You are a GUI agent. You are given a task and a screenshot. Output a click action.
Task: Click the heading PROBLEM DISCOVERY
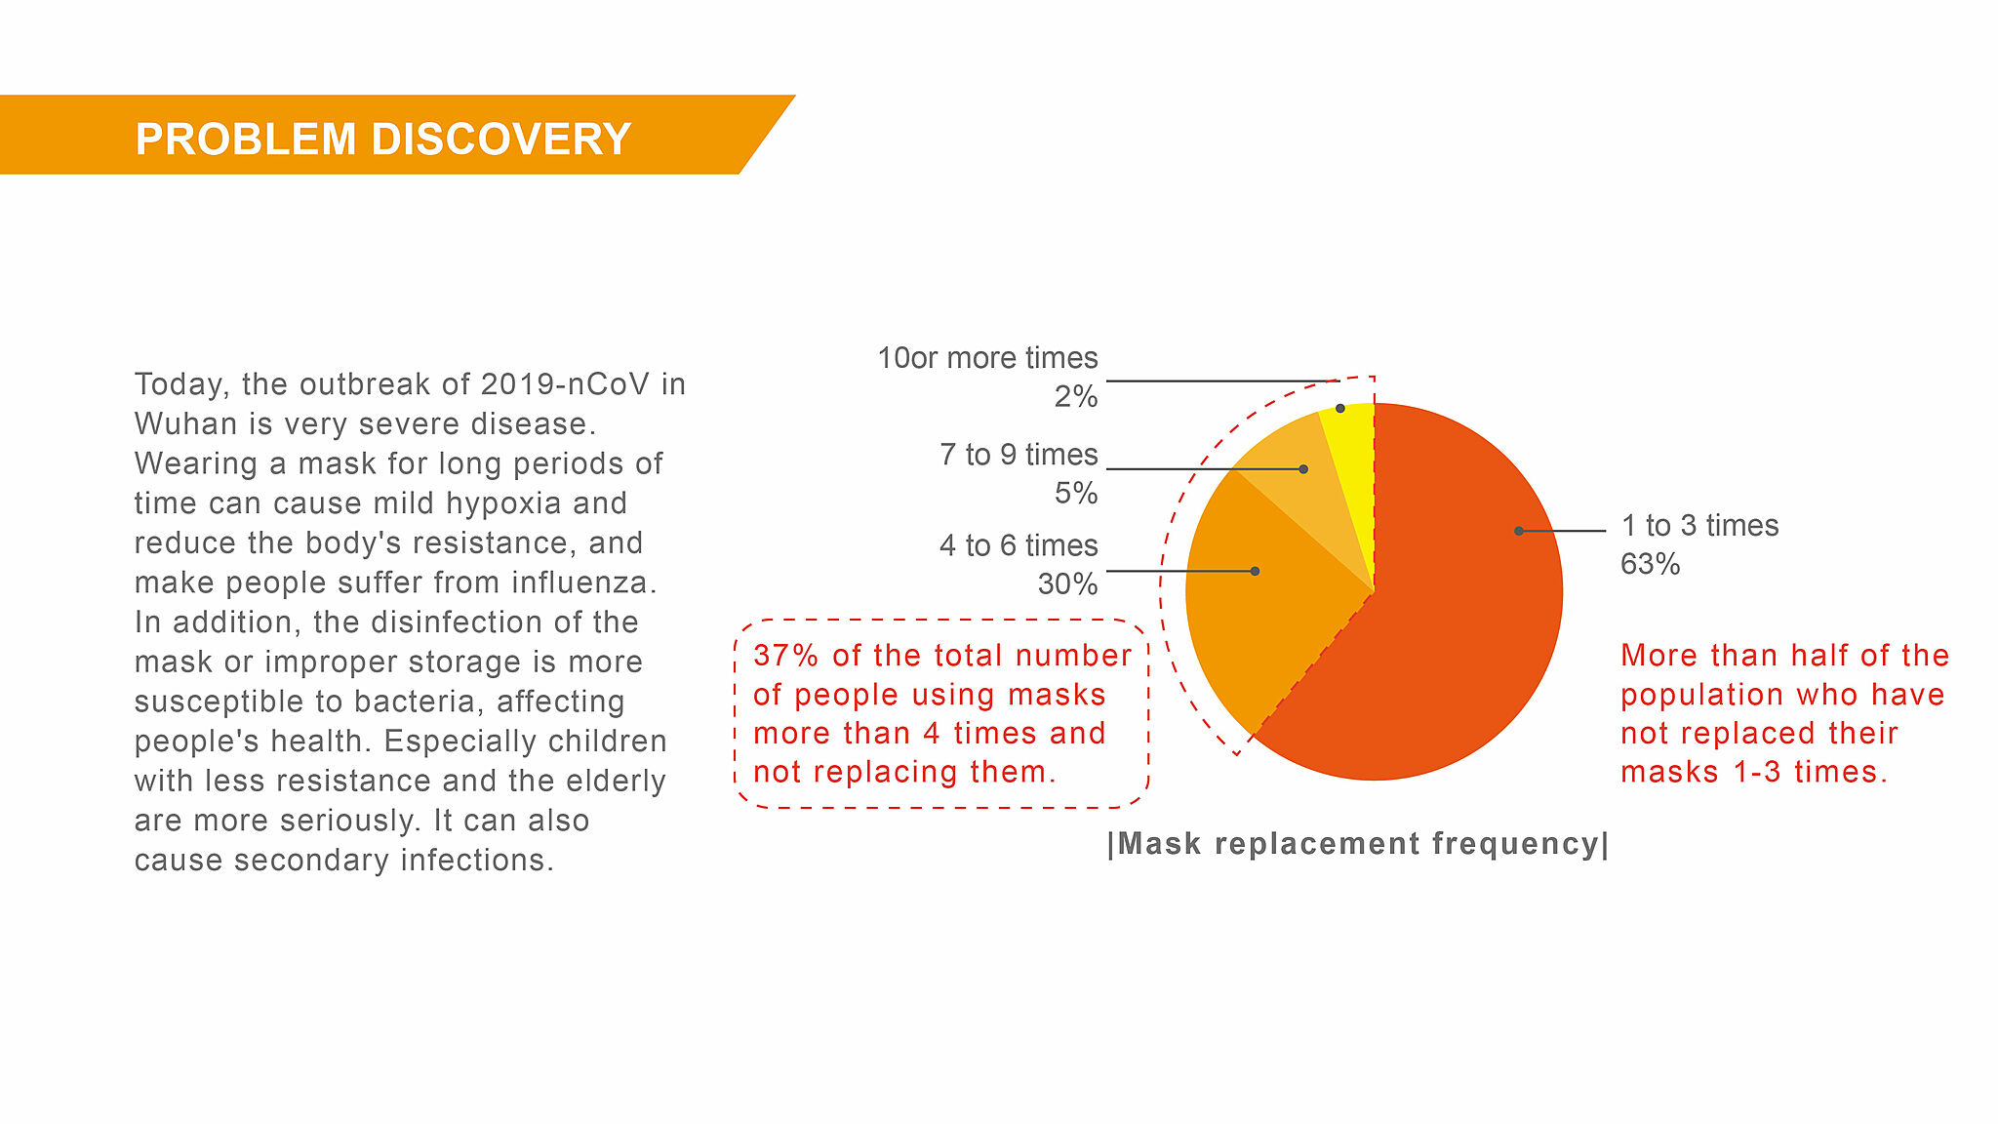[383, 139]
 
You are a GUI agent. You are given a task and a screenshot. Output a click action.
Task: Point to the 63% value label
[1651, 565]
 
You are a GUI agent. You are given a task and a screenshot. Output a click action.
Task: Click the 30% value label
[1067, 584]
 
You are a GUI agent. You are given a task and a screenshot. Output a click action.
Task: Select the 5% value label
[1076, 494]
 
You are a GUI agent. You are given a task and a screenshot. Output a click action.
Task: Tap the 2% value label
[1076, 397]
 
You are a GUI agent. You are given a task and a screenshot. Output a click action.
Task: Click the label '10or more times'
[987, 358]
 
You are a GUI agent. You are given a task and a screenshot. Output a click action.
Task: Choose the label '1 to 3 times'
[1700, 526]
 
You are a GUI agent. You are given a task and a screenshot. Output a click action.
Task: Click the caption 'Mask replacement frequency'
[1358, 843]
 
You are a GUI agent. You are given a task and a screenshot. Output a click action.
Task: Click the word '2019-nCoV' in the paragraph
[566, 384]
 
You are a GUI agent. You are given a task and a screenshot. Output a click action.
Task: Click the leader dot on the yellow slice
[1340, 408]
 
